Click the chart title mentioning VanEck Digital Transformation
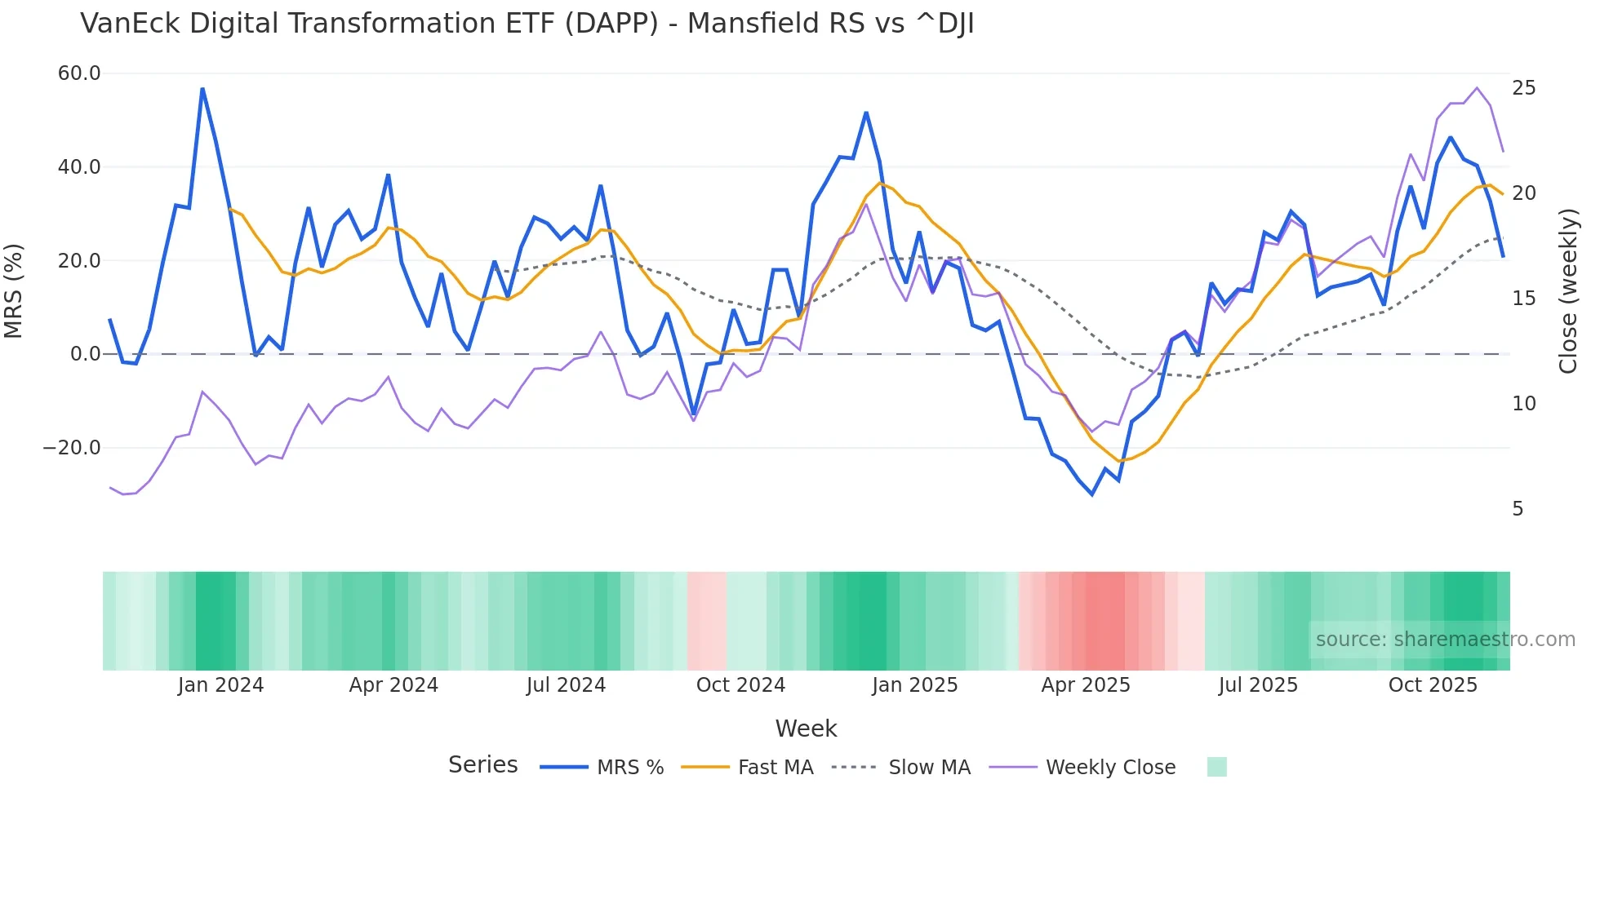tap(527, 24)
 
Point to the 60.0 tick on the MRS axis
tap(79, 73)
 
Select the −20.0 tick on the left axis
tap(72, 448)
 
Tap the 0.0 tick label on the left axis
tap(85, 354)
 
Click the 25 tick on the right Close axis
tap(1523, 88)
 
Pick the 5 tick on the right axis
tap(1518, 509)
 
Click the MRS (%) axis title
tap(14, 291)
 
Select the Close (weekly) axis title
tap(1567, 291)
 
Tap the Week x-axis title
tap(806, 728)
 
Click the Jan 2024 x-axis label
tap(220, 685)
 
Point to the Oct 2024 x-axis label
tap(740, 685)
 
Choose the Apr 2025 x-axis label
tap(1086, 685)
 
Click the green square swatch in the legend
tap(1216, 767)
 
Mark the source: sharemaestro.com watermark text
tap(1445, 640)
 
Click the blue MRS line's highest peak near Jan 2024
tap(202, 89)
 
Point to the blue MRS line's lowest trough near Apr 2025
tap(1092, 494)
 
